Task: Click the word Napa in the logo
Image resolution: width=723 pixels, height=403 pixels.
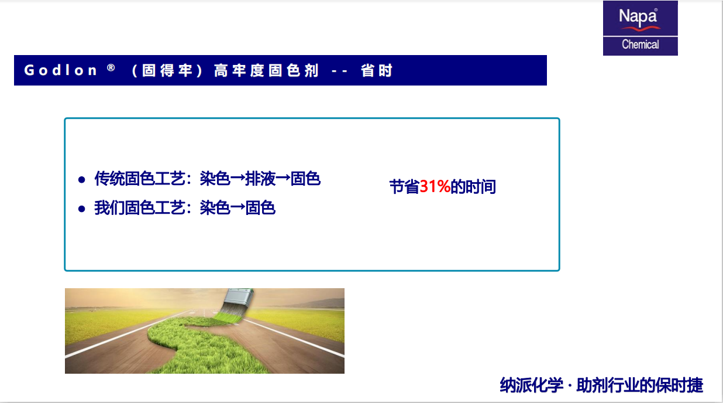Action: coord(638,16)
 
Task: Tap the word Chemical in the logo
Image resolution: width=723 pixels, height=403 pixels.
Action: coord(641,45)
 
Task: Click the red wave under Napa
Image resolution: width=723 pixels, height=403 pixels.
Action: coord(641,29)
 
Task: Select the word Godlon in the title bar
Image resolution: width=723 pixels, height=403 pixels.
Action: coord(60,70)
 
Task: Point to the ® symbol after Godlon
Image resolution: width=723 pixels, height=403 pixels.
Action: coord(111,67)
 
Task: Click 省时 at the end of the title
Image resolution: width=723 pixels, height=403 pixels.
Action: coord(376,70)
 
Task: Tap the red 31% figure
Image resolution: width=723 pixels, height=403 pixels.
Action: coord(435,186)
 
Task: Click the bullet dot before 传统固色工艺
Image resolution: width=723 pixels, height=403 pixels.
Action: coord(82,180)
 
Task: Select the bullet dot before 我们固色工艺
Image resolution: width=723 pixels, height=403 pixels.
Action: coord(82,209)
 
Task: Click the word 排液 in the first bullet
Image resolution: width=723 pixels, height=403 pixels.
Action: coord(260,179)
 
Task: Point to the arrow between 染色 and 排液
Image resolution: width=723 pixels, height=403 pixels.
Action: coord(238,179)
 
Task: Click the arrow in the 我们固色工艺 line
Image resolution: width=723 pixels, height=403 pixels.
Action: coord(238,207)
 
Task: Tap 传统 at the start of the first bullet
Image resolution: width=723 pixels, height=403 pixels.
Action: coord(109,179)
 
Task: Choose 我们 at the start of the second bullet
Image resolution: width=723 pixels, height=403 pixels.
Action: coord(109,207)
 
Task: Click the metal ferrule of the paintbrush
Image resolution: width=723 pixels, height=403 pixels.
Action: coord(239,297)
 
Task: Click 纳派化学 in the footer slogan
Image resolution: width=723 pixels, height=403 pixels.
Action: coord(531,385)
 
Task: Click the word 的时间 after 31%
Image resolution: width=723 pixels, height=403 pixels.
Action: coord(473,187)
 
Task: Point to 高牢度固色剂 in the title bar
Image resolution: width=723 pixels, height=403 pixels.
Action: coord(266,70)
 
